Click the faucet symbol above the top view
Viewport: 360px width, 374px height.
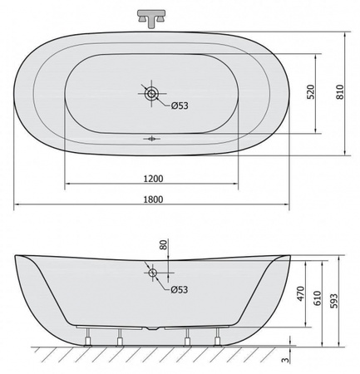151,18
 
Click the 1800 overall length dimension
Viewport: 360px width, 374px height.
153,199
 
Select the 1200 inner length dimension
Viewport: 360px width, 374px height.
153,179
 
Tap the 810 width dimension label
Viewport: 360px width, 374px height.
340,91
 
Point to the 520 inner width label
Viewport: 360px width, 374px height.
311,91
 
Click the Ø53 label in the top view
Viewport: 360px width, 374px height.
180,106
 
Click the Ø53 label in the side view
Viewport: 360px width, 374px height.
180,290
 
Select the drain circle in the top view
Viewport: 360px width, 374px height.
151,93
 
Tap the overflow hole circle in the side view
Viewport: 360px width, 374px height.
153,273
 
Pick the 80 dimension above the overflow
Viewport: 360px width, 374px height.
164,245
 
